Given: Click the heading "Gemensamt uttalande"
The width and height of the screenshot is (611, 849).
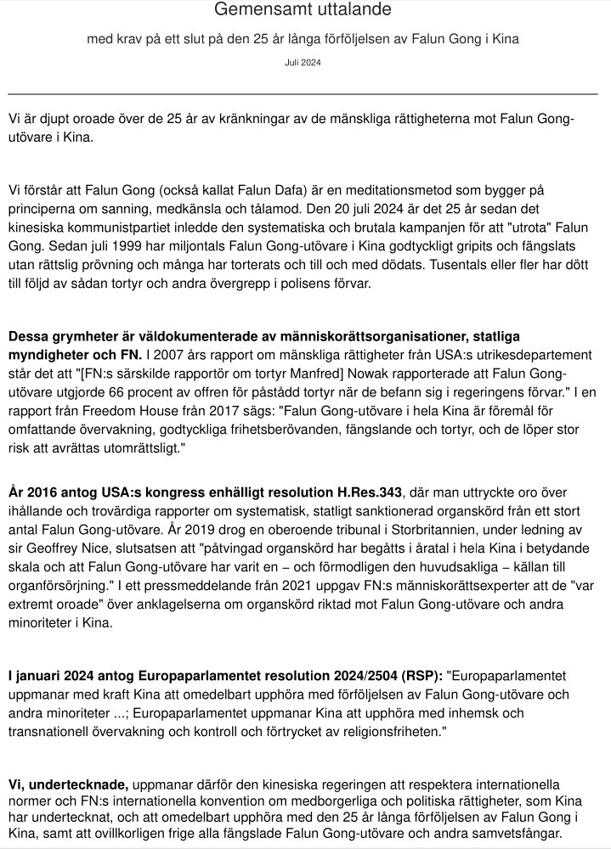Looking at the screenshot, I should click(303, 11).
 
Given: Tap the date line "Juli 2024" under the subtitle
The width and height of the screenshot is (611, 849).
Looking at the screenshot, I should click(303, 63).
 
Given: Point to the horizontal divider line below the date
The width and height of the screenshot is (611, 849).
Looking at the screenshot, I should click(303, 93).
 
